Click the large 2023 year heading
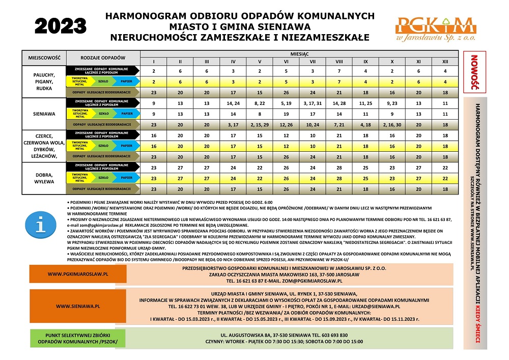(x=61, y=24)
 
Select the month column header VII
(x=313, y=61)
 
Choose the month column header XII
(x=445, y=61)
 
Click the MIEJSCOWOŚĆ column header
(x=44, y=58)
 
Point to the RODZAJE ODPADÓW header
(x=103, y=58)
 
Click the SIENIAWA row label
(x=44, y=114)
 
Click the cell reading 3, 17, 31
(x=313, y=103)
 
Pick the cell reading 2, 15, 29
(x=260, y=124)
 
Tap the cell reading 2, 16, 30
(x=392, y=124)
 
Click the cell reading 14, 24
(x=233, y=103)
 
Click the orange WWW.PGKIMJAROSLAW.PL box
(x=78, y=273)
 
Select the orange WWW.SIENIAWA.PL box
(x=78, y=307)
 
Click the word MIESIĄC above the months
(x=299, y=53)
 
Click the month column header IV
(x=233, y=61)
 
